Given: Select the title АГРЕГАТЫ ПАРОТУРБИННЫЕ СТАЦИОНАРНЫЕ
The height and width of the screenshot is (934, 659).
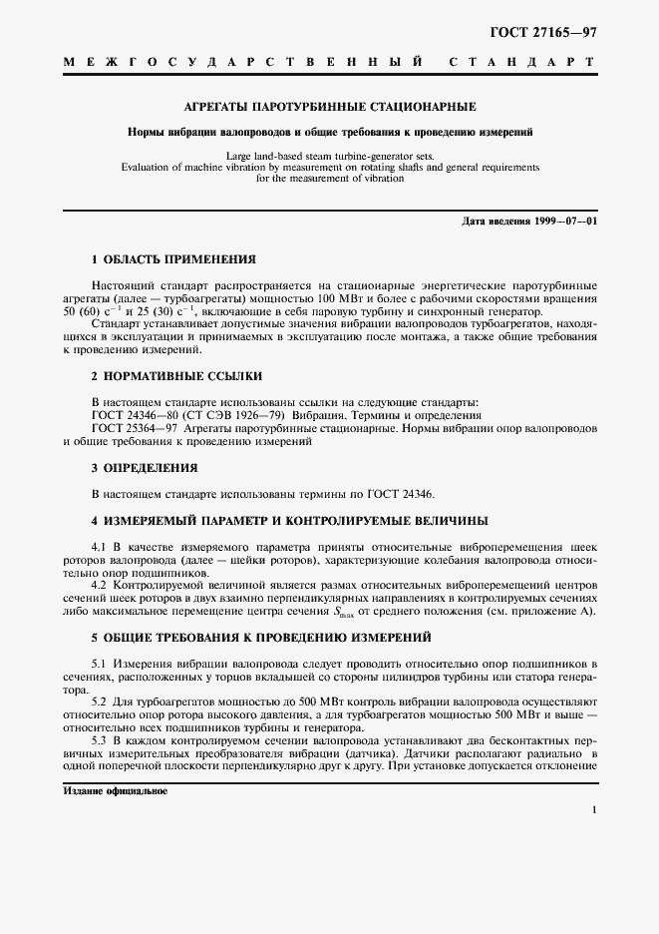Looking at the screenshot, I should pyautogui.click(x=329, y=106).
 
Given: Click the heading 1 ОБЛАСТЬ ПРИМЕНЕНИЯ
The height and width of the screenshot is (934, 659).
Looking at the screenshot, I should pyautogui.click(x=166, y=258).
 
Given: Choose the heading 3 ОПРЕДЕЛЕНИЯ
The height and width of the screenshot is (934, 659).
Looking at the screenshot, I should pyautogui.click(x=145, y=467).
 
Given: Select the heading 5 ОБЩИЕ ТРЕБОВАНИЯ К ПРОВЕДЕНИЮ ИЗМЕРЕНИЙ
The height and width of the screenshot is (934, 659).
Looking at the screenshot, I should pyautogui.click(x=261, y=637).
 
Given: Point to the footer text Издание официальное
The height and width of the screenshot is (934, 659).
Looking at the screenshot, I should pyautogui.click(x=116, y=790).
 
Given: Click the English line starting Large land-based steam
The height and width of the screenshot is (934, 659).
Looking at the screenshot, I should pyautogui.click(x=329, y=157).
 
